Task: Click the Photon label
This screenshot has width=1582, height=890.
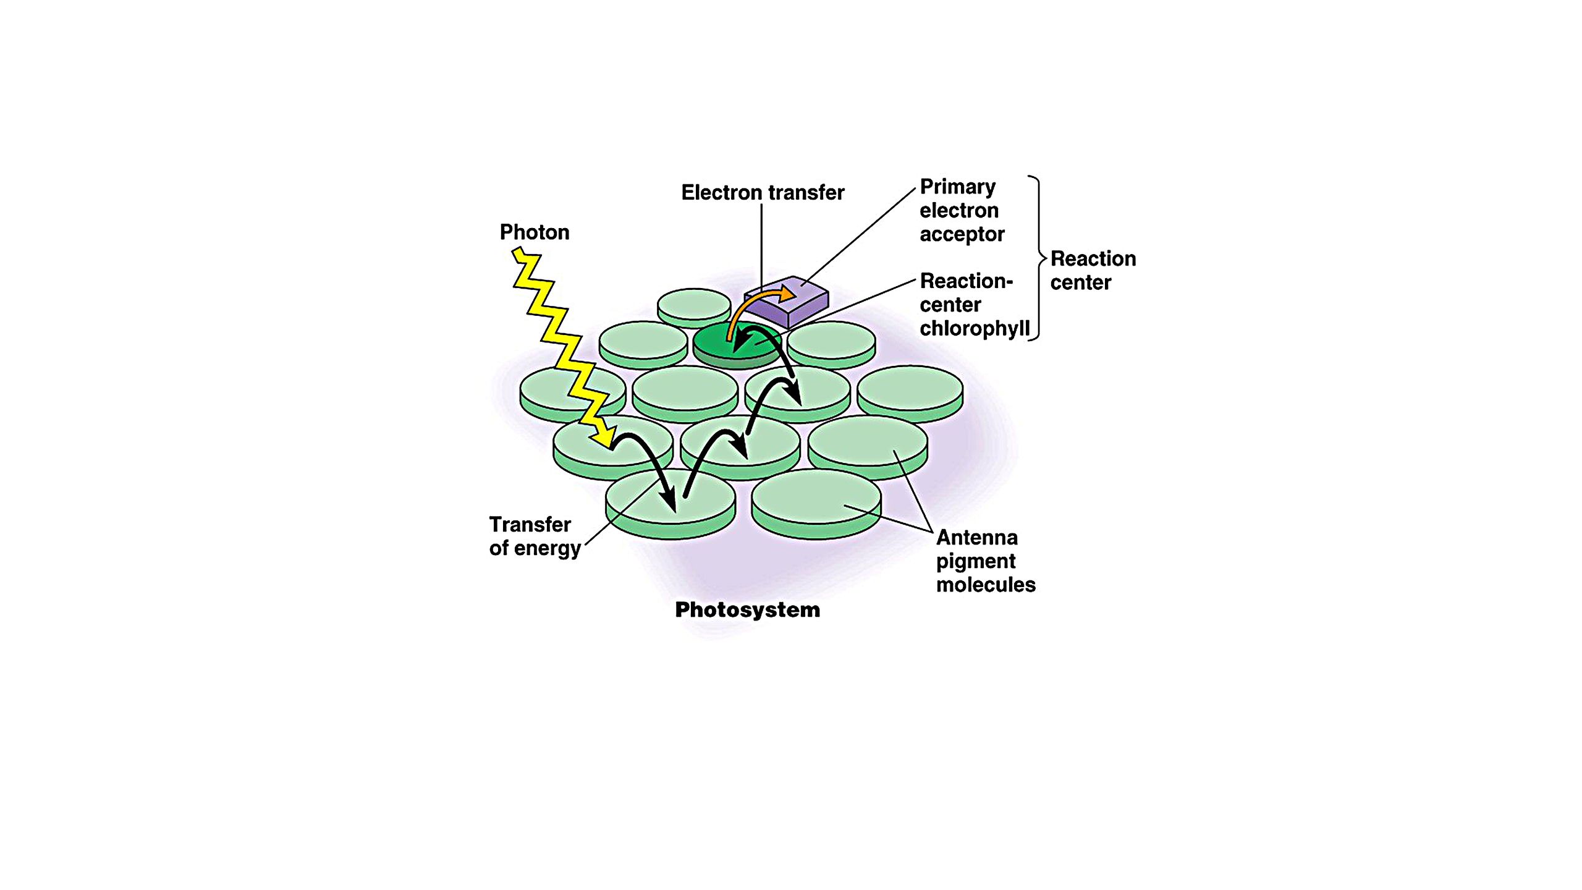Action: click(x=535, y=232)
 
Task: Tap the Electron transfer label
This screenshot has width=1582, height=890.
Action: click(x=763, y=193)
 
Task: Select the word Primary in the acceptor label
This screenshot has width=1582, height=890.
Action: click(x=957, y=187)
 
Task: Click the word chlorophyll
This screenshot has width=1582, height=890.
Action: click(x=975, y=328)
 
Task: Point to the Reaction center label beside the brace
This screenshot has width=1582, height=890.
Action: click(x=1093, y=270)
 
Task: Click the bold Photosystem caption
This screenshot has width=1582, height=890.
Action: click(x=747, y=610)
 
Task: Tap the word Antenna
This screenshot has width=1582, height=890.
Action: click(x=976, y=537)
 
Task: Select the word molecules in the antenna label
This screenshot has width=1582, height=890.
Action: click(x=986, y=585)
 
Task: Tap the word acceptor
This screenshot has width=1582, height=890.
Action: click(x=962, y=235)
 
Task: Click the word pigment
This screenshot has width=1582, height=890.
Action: click(x=975, y=561)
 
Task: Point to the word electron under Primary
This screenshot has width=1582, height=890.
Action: click(x=958, y=211)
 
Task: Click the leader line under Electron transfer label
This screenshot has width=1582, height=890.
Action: click(x=761, y=247)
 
